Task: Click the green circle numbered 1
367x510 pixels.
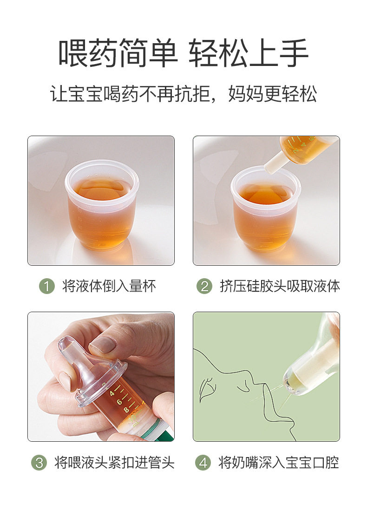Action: point(47,286)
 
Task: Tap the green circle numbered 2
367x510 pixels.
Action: point(204,286)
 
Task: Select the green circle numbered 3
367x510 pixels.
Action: point(39,462)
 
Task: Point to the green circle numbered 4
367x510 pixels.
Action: point(203,462)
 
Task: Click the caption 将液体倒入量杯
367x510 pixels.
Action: point(109,286)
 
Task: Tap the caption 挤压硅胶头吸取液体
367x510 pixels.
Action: point(280,286)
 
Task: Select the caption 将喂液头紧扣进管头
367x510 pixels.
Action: point(115,462)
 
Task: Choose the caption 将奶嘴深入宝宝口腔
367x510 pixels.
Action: point(279,462)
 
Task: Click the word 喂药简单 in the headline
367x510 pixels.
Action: point(118,53)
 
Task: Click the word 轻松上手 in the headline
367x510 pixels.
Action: point(249,53)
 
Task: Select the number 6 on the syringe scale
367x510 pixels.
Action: point(119,402)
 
